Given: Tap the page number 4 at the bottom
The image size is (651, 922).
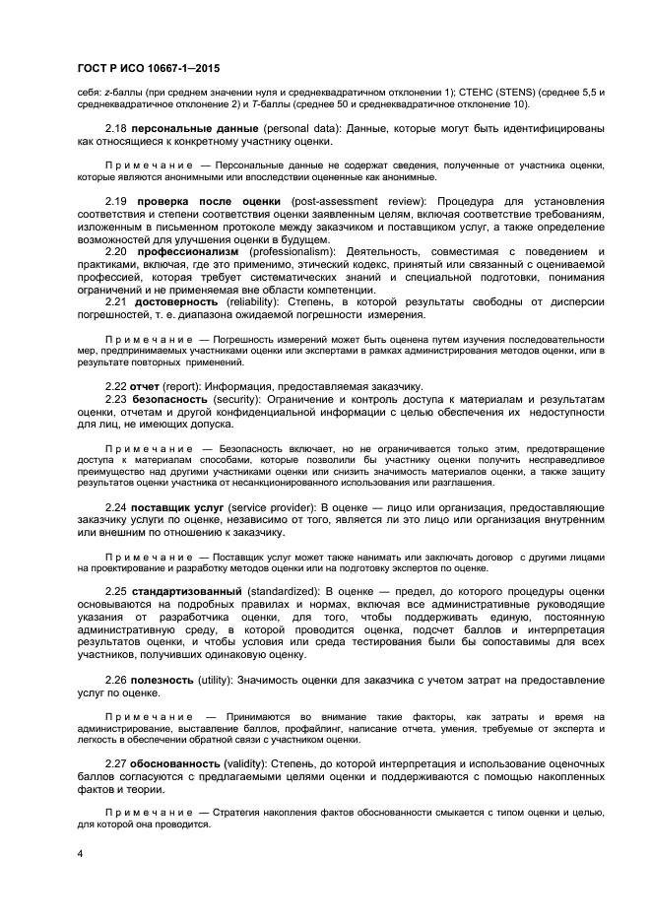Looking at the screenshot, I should pos(80,853).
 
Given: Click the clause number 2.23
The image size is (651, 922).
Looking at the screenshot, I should pos(117,399).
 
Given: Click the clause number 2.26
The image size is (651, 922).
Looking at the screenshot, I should pos(117,681).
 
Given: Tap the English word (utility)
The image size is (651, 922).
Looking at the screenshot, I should pos(219,681).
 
